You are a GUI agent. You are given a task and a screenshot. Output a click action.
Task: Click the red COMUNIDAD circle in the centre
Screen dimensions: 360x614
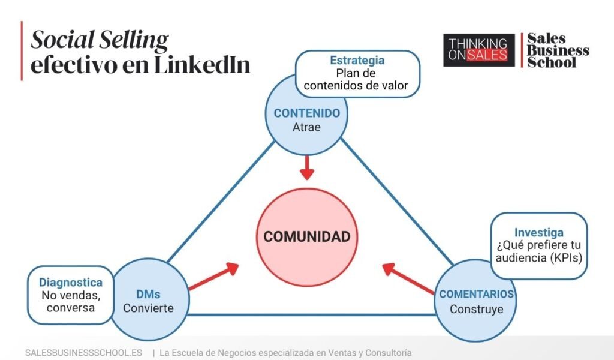306,236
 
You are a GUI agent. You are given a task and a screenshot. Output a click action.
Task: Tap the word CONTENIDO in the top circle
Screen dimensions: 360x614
306,113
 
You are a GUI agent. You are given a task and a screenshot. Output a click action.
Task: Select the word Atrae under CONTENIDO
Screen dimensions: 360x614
306,127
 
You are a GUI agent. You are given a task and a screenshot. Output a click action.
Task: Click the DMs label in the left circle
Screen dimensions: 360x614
148,294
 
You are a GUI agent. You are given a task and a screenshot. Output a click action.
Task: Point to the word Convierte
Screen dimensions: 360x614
148,308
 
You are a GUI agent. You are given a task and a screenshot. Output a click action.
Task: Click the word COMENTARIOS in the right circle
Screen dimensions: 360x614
477,294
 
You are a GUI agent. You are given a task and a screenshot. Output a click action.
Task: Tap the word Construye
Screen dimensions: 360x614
477,309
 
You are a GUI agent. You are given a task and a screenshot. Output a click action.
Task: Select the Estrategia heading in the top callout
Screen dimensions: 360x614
357,61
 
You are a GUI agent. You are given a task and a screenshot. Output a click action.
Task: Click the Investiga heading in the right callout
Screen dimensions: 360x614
538,232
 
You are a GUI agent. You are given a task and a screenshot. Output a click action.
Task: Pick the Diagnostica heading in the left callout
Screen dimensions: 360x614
71,282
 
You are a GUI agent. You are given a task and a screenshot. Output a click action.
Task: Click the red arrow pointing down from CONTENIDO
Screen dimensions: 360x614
307,167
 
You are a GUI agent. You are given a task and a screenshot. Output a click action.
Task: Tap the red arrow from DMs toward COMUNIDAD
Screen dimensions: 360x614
214,277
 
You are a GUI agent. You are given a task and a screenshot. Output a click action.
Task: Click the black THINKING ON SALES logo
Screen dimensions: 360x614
478,50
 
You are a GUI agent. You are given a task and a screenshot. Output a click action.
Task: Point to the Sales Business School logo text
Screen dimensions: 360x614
557,50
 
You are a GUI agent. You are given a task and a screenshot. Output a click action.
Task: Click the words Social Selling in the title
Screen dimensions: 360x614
100,40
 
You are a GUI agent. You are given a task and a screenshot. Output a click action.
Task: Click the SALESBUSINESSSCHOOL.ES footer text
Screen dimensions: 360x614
83,353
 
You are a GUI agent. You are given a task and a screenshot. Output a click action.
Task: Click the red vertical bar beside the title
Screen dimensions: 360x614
22,50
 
